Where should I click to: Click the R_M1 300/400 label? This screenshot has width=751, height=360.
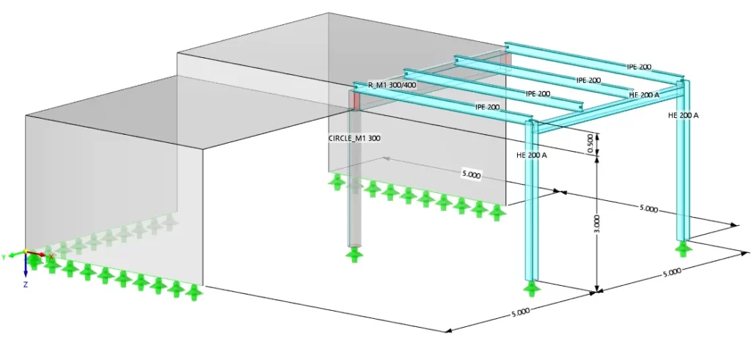(392, 86)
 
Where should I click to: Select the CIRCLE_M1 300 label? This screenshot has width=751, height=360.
(354, 139)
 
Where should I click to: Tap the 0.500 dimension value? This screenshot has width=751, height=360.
(590, 144)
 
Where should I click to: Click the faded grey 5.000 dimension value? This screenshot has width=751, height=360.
(472, 175)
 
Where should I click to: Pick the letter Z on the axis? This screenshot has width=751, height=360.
(26, 284)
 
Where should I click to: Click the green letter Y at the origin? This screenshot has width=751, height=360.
(4, 257)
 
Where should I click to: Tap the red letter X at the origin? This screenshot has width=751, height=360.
(51, 257)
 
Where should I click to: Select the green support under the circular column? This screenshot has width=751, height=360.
(354, 254)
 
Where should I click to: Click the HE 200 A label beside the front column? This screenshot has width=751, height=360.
(532, 155)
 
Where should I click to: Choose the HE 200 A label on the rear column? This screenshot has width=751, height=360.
(684, 115)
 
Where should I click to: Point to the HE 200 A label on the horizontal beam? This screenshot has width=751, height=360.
(644, 95)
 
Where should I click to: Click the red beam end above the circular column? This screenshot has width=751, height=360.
(354, 100)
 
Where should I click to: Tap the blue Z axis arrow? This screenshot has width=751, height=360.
(26, 265)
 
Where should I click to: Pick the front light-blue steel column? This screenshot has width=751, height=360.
(531, 201)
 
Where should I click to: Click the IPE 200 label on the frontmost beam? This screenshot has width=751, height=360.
(488, 107)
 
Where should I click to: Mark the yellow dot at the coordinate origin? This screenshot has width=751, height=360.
(26, 251)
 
